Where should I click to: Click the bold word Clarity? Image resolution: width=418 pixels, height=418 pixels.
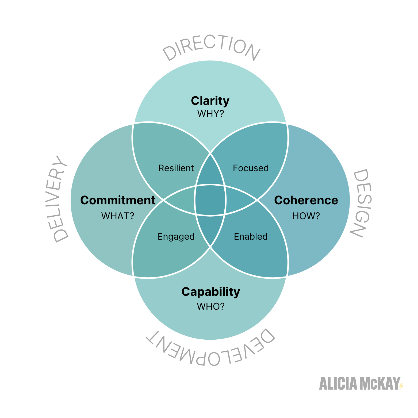(x=210, y=101)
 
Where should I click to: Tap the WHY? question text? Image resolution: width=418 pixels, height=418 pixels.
(x=210, y=114)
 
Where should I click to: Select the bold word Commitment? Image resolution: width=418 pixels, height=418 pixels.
(x=118, y=200)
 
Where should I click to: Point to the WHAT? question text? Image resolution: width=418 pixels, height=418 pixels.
(x=118, y=216)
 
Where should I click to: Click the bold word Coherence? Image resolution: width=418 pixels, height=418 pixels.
(x=306, y=200)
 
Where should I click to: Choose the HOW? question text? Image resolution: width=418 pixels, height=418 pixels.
(x=306, y=216)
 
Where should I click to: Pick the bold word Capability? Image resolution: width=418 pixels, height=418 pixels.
(x=211, y=292)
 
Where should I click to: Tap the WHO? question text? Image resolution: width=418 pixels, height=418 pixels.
(x=211, y=306)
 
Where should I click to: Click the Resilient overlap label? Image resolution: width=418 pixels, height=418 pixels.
(x=176, y=168)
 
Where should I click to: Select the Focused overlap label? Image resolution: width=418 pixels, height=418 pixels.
(x=251, y=168)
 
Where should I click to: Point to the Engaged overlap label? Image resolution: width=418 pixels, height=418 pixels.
(x=176, y=237)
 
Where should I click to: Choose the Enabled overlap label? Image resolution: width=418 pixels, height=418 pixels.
(x=251, y=237)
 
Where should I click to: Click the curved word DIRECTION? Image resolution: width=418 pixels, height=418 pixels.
(x=211, y=47)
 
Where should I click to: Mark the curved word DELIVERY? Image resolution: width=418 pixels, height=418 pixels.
(x=57, y=199)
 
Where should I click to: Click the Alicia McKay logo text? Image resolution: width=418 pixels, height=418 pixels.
(x=360, y=384)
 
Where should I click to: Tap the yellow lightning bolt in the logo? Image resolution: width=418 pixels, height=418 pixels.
(x=401, y=386)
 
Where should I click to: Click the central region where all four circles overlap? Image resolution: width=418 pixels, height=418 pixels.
(x=210, y=200)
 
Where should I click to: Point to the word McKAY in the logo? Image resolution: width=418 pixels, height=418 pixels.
(x=380, y=384)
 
